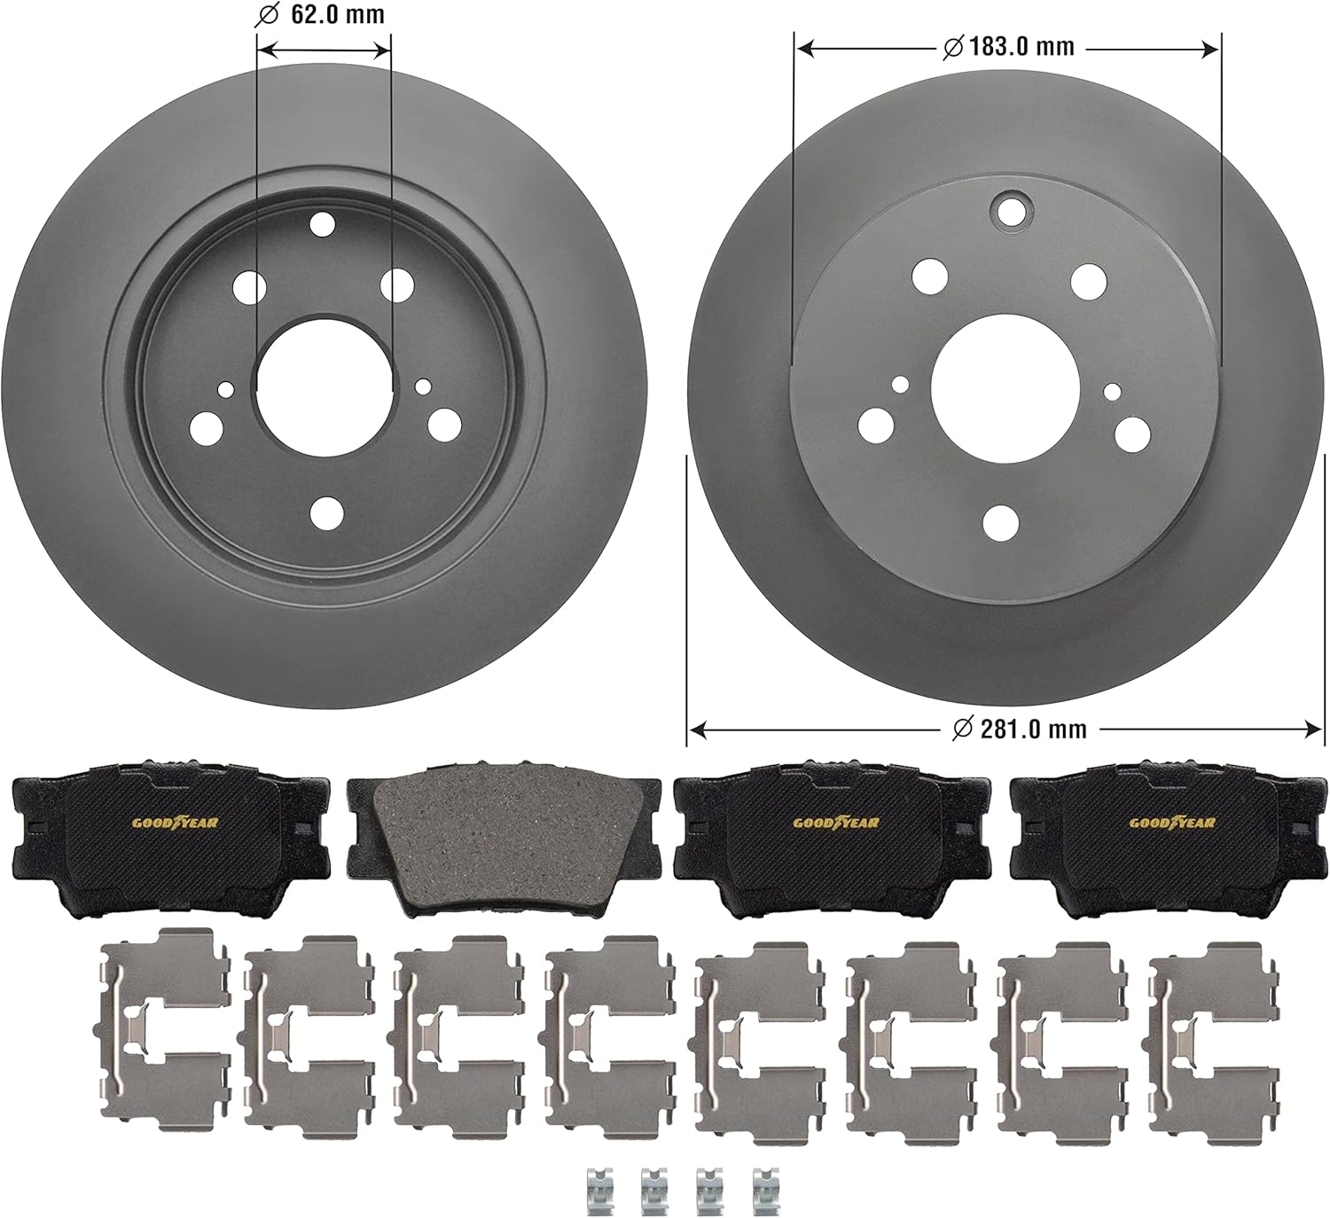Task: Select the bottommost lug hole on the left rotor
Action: pos(327,511)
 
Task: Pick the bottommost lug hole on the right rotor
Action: pos(1001,521)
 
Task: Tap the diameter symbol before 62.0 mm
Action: pos(265,14)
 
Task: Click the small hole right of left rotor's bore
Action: pos(423,386)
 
